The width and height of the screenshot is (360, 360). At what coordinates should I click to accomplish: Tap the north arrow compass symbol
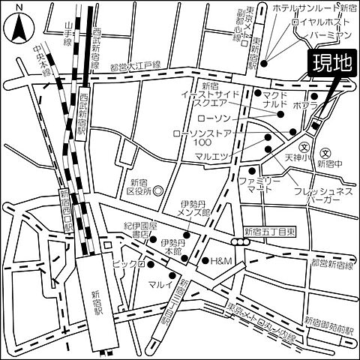18,27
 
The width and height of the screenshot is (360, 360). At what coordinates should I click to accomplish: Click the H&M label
223,261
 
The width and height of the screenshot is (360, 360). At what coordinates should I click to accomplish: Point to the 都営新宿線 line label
329,266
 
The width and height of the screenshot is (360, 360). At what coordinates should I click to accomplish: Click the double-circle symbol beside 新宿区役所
159,191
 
